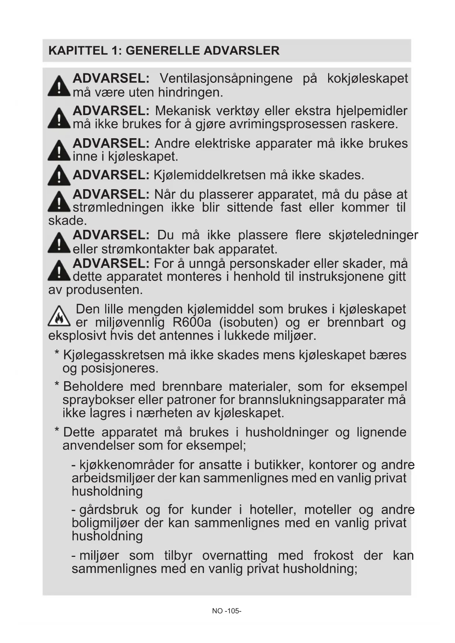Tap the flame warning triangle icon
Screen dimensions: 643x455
pos(59,316)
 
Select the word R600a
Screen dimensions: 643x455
pos(192,323)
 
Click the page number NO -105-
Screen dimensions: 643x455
pos(227,611)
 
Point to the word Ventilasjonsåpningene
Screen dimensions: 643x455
pos(226,79)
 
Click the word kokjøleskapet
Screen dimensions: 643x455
pos(367,79)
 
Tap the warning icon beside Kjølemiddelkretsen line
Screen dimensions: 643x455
pos(59,176)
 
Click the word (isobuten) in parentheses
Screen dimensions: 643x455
pos(249,323)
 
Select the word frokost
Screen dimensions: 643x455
pos(333,555)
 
